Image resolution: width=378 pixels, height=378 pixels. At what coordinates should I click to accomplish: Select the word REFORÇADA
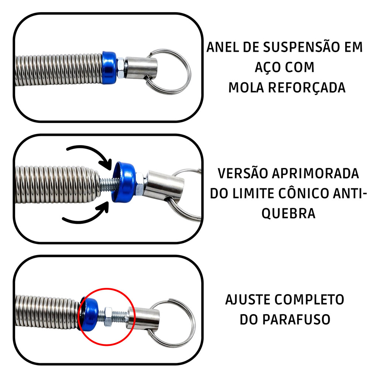(x=307, y=88)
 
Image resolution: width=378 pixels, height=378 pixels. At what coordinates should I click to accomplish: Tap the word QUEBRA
(x=288, y=214)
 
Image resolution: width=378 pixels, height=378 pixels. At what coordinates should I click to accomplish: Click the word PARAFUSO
(x=296, y=320)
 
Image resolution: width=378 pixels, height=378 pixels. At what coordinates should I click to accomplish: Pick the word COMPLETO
(x=309, y=300)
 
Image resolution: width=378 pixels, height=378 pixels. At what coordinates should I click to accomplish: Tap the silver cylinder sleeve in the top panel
(x=141, y=67)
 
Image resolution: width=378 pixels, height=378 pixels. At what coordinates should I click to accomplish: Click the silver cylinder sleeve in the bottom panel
(x=143, y=318)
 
